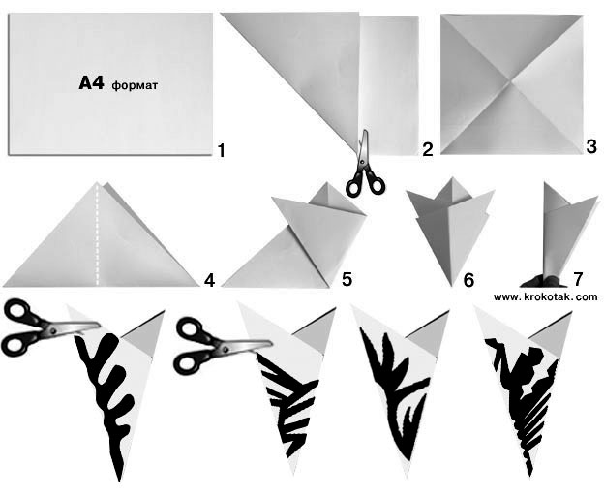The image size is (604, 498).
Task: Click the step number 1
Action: tap(221, 150)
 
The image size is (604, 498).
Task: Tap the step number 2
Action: tap(428, 149)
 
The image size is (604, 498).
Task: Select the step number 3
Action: tap(591, 147)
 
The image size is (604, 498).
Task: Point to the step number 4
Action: tap(209, 280)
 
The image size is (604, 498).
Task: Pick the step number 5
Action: tap(347, 279)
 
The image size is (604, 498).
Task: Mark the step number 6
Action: tap(468, 280)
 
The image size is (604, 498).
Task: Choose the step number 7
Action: tap(578, 278)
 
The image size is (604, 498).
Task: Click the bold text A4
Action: tap(91, 83)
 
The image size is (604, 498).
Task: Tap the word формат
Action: tap(135, 85)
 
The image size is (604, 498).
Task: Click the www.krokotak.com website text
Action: tap(546, 296)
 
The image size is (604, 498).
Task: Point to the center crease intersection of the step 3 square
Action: tap(511, 82)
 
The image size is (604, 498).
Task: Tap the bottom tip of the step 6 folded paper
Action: tap(451, 286)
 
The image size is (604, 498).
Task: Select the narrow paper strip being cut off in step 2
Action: tap(389, 85)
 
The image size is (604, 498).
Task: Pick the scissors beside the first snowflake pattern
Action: tap(48, 327)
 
